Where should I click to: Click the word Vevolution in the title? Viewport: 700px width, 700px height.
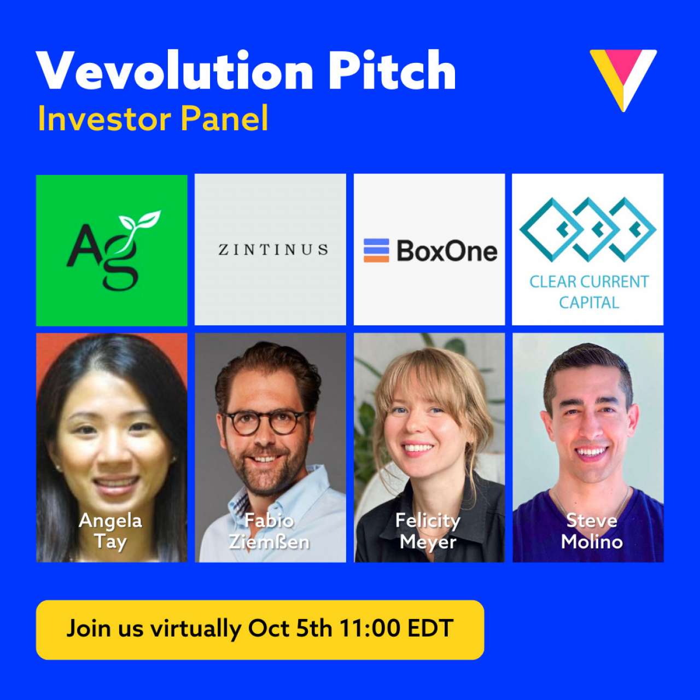coord(174,71)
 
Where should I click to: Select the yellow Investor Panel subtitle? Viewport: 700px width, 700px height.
coord(153,119)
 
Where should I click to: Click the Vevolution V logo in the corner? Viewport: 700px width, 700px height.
coord(623,78)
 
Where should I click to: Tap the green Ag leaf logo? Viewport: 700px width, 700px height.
coord(112,249)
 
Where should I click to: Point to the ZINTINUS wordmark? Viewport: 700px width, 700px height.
coord(273,250)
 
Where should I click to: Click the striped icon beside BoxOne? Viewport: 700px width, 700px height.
coord(376,250)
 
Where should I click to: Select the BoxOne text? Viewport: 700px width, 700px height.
coord(447,251)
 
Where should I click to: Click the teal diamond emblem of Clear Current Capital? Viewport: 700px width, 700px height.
coord(588,229)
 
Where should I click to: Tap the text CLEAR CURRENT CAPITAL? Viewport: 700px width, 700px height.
coord(589,291)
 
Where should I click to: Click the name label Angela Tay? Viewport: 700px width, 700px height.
coord(110,530)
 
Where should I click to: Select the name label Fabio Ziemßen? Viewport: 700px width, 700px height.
coord(269,530)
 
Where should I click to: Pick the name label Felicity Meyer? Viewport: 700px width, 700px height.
coord(428,530)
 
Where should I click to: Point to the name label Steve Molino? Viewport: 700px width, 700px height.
coord(592,530)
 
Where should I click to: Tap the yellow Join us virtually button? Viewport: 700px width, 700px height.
coord(260,629)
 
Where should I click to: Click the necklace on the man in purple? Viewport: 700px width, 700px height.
coord(591,506)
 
